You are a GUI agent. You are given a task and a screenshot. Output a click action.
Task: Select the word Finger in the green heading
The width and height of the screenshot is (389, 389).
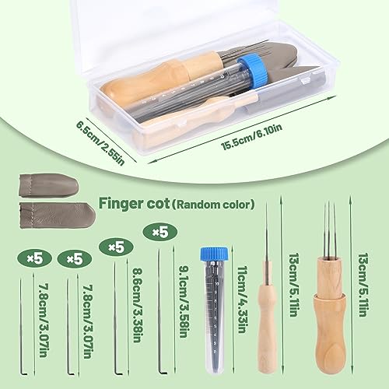[x=124, y=205]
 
